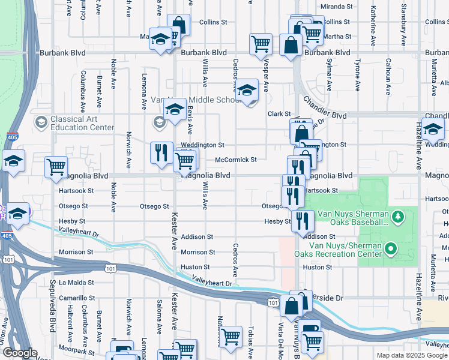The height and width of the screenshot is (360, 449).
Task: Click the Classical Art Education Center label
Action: tap(82, 123)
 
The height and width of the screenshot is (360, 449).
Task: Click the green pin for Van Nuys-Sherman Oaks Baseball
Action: tap(397, 215)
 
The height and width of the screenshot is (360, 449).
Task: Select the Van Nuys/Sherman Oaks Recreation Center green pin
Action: tap(391, 248)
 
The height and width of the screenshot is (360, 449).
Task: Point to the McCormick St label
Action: tap(236, 160)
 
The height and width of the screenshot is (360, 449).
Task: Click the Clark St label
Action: tap(279, 113)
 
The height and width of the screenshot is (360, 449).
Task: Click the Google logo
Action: tap(20, 353)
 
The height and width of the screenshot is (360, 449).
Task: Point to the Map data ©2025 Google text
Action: tap(411, 355)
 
